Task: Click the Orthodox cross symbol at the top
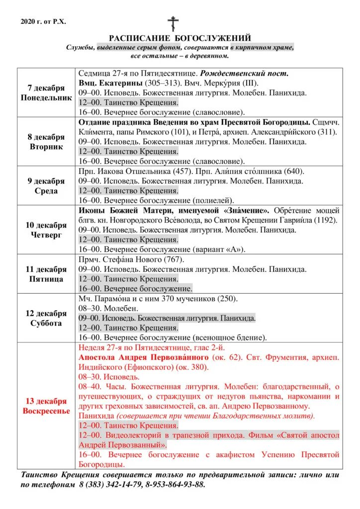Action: [173, 23]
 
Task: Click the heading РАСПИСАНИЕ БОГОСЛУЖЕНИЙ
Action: [180, 38]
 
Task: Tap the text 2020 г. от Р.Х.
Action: [43, 21]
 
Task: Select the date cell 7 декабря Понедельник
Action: [46, 92]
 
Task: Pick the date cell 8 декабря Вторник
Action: [46, 142]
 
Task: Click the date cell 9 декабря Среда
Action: [46, 186]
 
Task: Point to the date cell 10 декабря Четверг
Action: [46, 230]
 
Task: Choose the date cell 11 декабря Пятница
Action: [46, 274]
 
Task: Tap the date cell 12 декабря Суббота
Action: [46, 318]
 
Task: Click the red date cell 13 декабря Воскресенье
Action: [46, 406]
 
